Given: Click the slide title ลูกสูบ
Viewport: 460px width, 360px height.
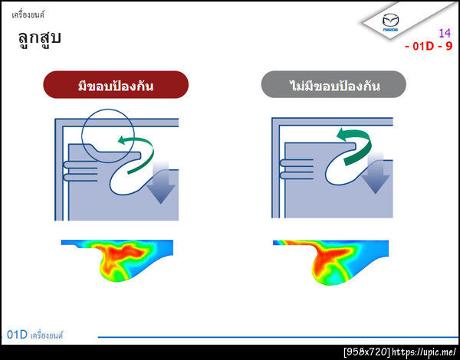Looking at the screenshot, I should tap(39, 38).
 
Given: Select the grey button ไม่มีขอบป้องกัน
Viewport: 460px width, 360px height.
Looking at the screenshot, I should tap(331, 85).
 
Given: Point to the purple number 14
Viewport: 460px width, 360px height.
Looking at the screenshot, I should tap(444, 33).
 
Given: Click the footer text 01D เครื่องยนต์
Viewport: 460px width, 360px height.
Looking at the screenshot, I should tap(34, 335).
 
